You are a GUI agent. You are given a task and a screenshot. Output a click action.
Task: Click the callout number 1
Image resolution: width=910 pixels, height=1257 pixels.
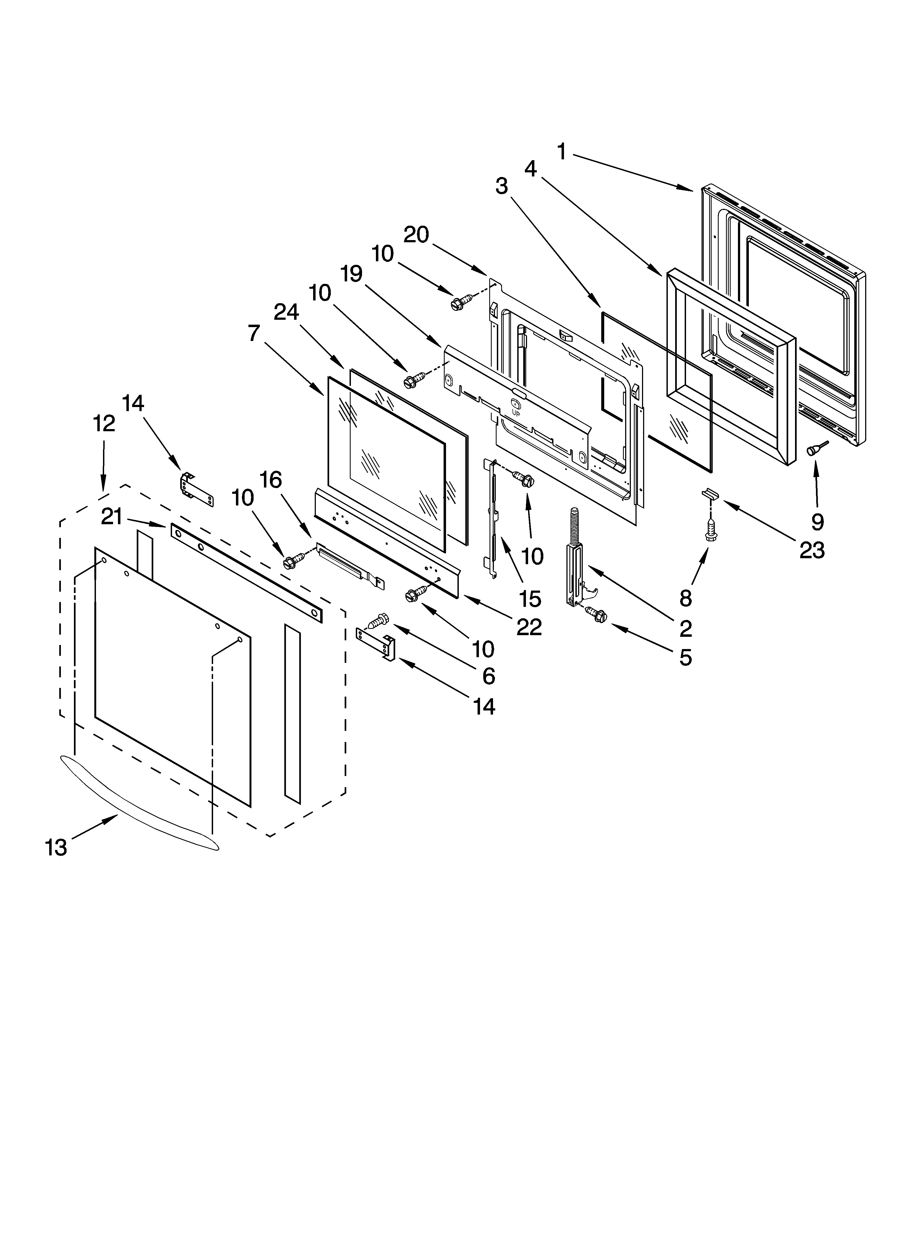coord(562,151)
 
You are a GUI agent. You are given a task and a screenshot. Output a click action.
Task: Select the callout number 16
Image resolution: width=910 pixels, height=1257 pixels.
coord(270,480)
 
